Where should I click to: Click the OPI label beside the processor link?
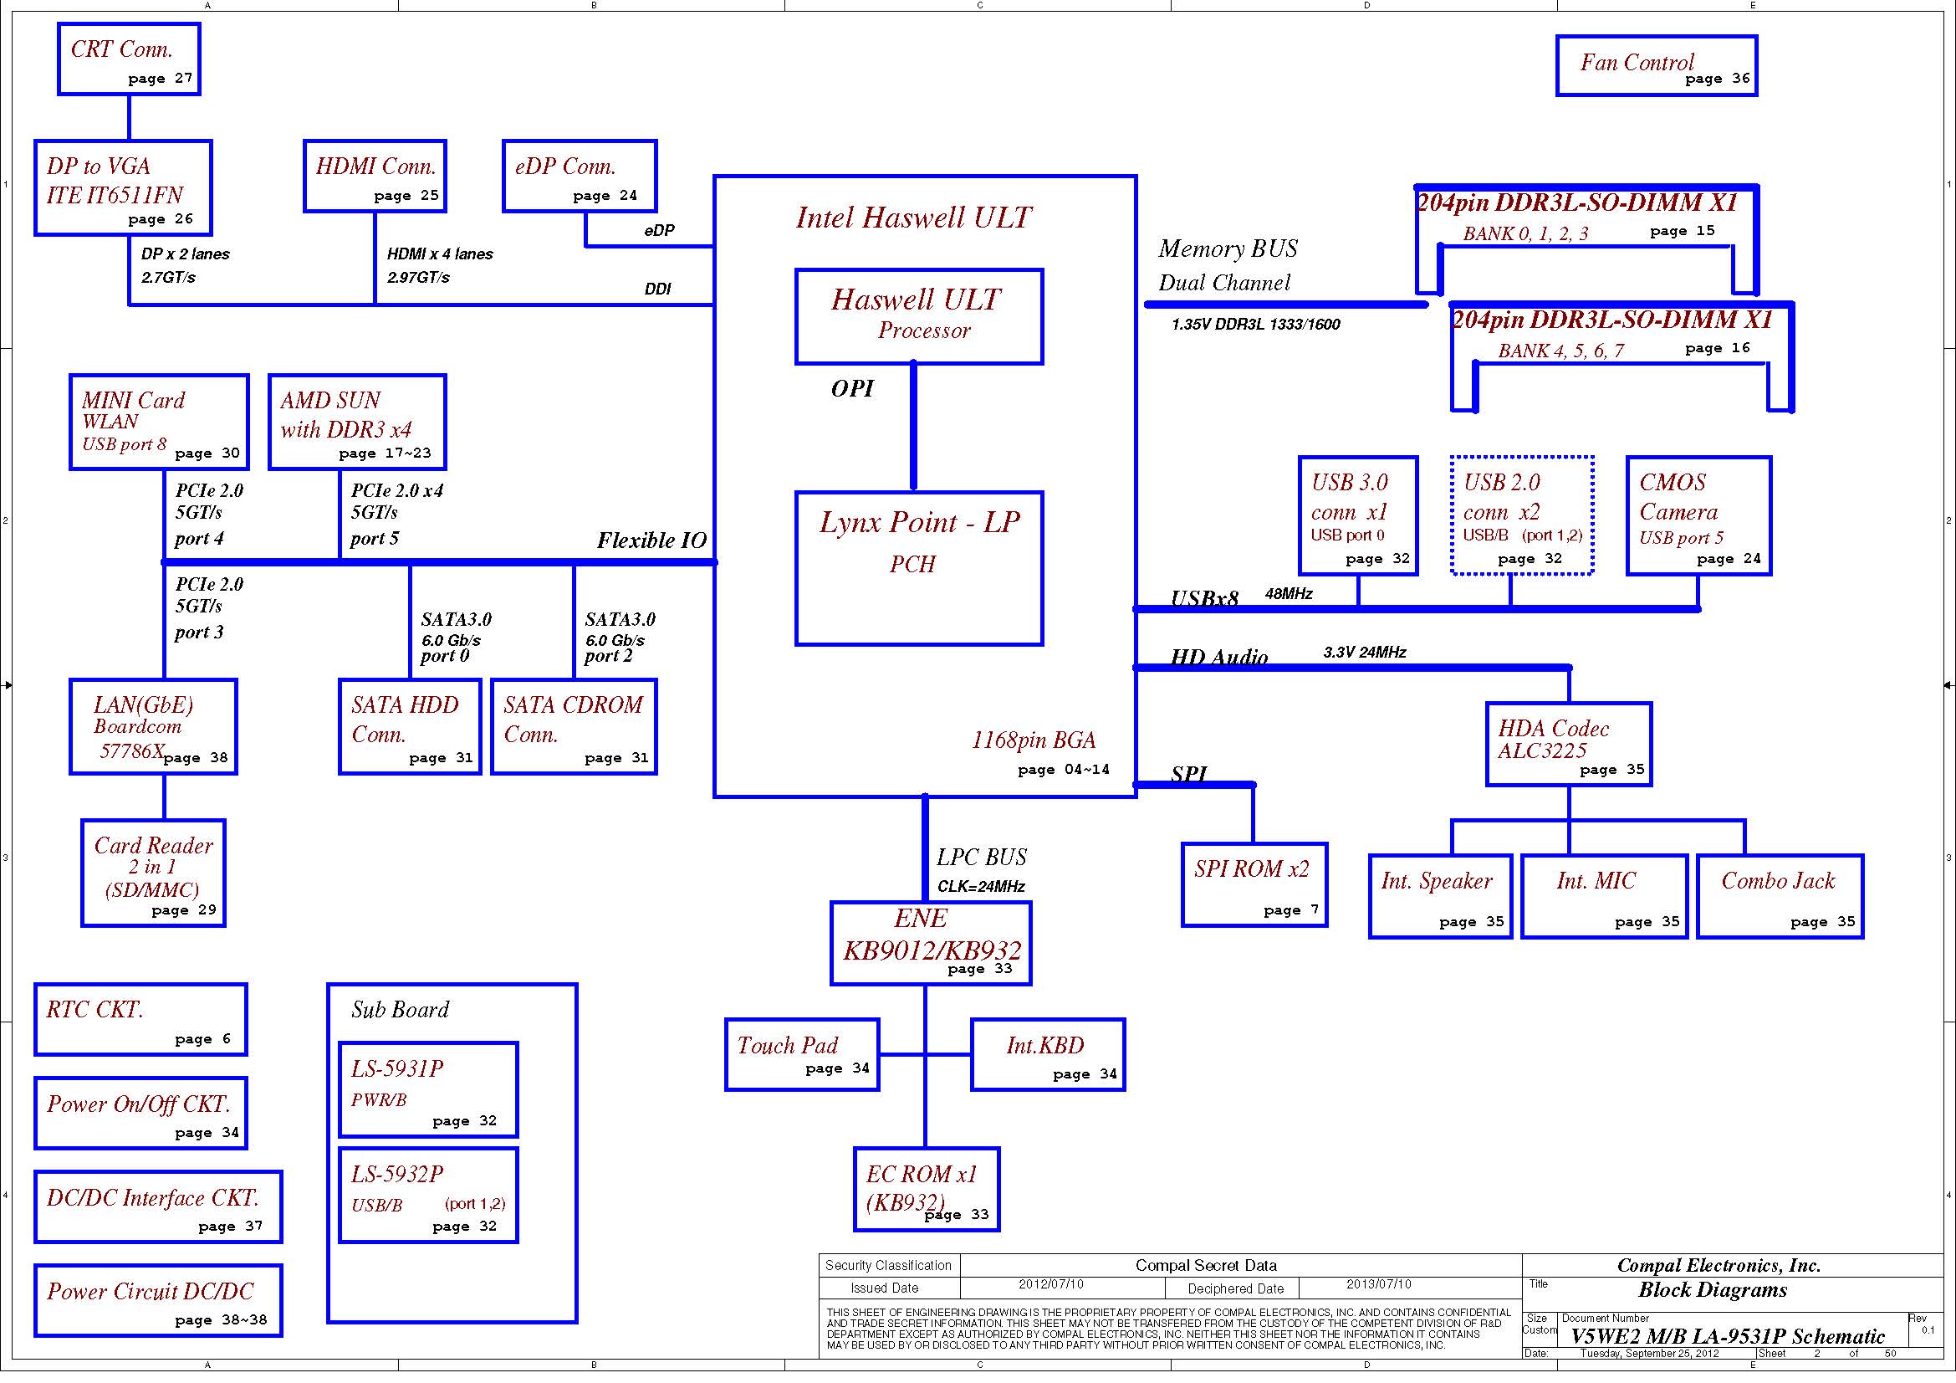coord(852,388)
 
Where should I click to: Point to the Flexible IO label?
coord(651,540)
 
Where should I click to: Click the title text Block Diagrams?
coord(1713,1289)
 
